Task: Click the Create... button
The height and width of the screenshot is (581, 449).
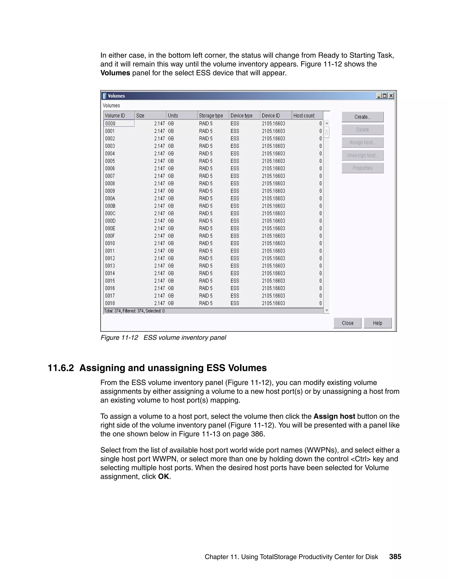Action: click(362, 117)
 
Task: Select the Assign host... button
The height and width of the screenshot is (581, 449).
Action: click(362, 143)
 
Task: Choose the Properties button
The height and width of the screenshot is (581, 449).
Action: click(362, 168)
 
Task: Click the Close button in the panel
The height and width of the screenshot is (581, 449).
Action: click(347, 323)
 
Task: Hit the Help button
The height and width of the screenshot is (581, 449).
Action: click(378, 323)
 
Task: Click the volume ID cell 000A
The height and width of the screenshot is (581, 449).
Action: click(110, 198)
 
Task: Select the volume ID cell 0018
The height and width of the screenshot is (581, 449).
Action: click(110, 303)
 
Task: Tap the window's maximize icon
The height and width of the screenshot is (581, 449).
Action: click(385, 96)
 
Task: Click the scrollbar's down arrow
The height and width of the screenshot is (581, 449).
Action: click(327, 310)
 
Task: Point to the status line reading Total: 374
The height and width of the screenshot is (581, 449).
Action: click(134, 311)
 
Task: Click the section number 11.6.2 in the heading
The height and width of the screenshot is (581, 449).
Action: click(61, 368)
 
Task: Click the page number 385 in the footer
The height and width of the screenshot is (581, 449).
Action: click(395, 556)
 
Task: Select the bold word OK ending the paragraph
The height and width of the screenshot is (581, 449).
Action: click(163, 476)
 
